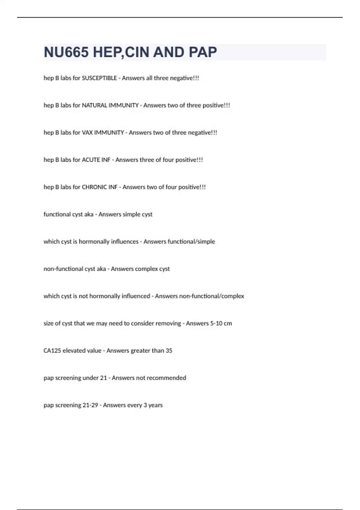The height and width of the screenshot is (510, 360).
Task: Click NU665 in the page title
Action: (66, 52)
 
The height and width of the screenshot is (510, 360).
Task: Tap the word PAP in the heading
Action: (203, 52)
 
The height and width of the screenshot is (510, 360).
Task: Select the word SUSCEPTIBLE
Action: (99, 78)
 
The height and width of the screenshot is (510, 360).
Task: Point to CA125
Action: (52, 351)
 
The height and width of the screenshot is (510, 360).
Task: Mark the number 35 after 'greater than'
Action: (169, 351)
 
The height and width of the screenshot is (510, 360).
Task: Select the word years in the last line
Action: (155, 405)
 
